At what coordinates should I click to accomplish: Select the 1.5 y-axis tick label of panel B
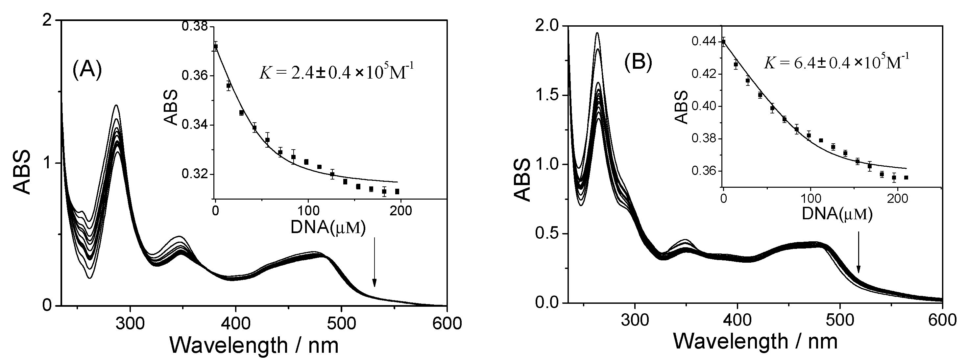click(x=546, y=95)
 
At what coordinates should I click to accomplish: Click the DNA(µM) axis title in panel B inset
click(x=837, y=214)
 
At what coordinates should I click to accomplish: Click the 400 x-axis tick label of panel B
click(x=737, y=320)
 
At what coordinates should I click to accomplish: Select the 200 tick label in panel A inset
click(x=401, y=211)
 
